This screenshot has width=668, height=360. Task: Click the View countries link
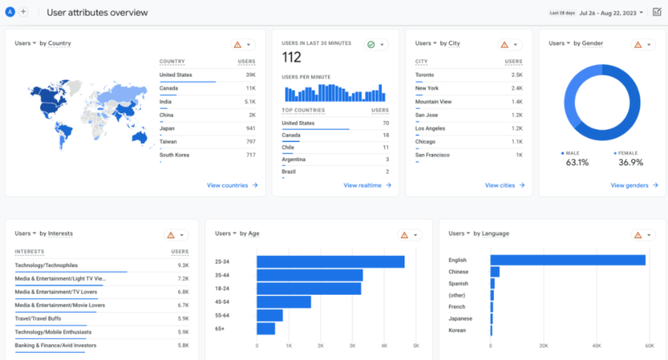coord(231,185)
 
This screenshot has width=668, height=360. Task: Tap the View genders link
coord(631,185)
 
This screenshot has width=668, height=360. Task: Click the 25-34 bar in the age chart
coord(331,262)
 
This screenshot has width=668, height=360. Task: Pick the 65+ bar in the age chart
coord(266,329)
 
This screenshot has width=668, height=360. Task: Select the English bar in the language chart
coord(568,260)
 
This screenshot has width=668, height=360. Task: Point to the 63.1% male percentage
coord(578,162)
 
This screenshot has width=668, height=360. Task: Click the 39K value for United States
coord(250,75)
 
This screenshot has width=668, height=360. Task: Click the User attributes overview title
coord(97,12)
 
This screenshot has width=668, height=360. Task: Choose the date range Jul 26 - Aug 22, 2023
coord(618,12)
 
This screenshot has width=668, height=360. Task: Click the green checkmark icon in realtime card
coord(371,43)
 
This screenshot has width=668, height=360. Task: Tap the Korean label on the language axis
coord(458,331)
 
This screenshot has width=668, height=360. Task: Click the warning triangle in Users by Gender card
coord(638,43)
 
